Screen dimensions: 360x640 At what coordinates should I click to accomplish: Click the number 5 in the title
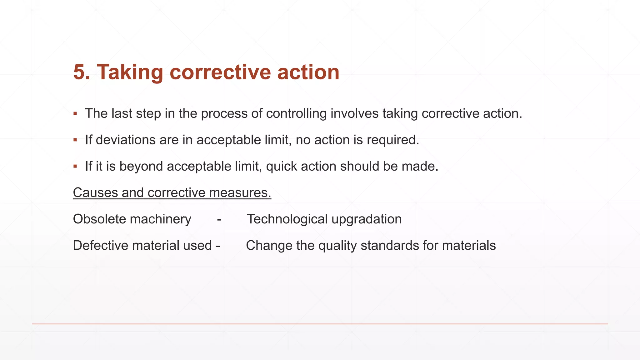click(x=79, y=72)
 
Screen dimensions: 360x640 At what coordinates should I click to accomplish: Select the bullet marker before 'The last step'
click(x=75, y=113)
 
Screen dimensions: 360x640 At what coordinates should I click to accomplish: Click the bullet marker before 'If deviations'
click(x=75, y=140)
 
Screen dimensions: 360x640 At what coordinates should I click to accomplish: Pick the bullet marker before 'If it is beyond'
click(x=75, y=166)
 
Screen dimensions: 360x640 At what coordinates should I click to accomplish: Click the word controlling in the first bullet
click(x=296, y=113)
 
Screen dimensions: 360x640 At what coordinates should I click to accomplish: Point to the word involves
click(x=354, y=113)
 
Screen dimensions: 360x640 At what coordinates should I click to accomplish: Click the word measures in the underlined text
click(x=240, y=192)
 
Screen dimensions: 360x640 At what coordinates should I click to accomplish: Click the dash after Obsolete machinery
click(x=219, y=219)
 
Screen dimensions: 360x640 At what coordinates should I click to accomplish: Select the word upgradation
click(x=367, y=219)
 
